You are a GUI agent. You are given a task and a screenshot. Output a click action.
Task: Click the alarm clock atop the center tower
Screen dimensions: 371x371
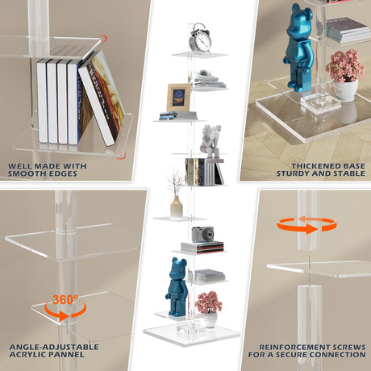[x=201, y=38]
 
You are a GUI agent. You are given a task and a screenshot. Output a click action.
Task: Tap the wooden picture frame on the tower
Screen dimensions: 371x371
[x=178, y=98]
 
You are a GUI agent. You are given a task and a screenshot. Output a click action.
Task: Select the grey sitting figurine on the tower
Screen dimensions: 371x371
[x=211, y=140]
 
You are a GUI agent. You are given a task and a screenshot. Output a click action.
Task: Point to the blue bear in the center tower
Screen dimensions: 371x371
[x=177, y=282]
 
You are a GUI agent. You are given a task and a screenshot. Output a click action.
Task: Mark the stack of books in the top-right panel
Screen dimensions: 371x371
[x=347, y=31]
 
